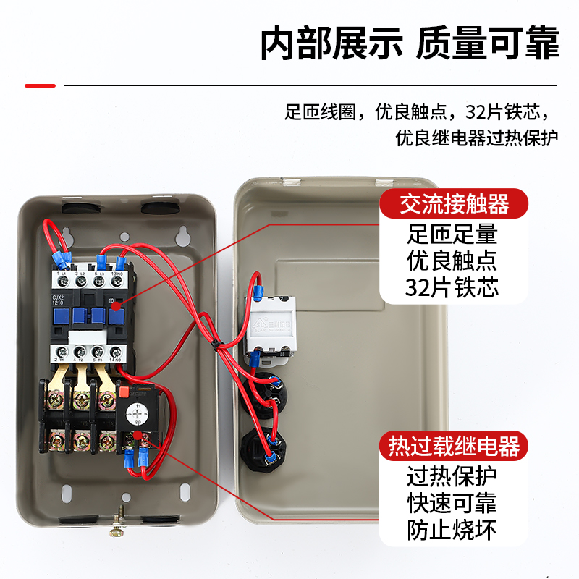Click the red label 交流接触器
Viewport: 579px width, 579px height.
tap(455, 205)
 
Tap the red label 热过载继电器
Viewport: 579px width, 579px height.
tap(455, 446)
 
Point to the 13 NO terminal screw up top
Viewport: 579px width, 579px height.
tap(116, 280)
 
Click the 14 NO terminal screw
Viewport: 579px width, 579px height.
tap(115, 354)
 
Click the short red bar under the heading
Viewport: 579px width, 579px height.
tap(40, 85)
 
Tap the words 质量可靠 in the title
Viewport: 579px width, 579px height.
tap(487, 44)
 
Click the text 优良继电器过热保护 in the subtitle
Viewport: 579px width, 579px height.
tap(477, 138)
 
